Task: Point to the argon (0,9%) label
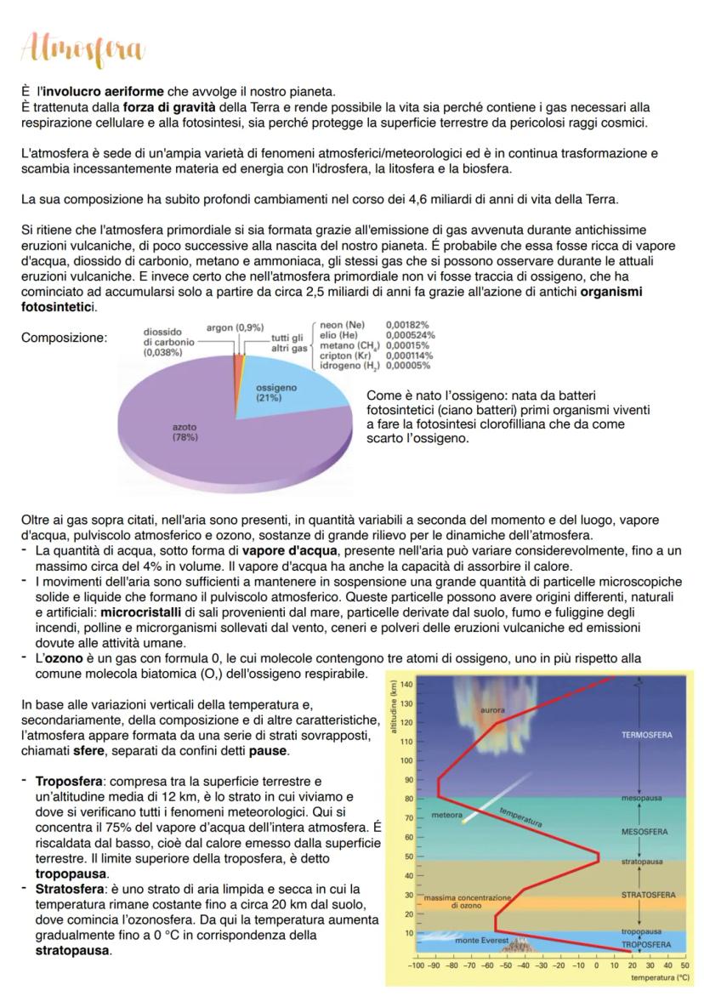tap(235, 327)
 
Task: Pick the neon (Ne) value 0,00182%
tap(407, 325)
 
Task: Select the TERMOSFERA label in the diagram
tap(649, 734)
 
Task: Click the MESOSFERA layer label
tap(644, 831)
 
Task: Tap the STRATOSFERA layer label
tap(648, 895)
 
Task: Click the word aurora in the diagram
tap(493, 709)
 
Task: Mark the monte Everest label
tap(479, 941)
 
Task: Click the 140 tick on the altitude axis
tap(406, 685)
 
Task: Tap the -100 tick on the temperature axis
tap(416, 966)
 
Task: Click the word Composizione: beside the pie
tap(65, 338)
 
